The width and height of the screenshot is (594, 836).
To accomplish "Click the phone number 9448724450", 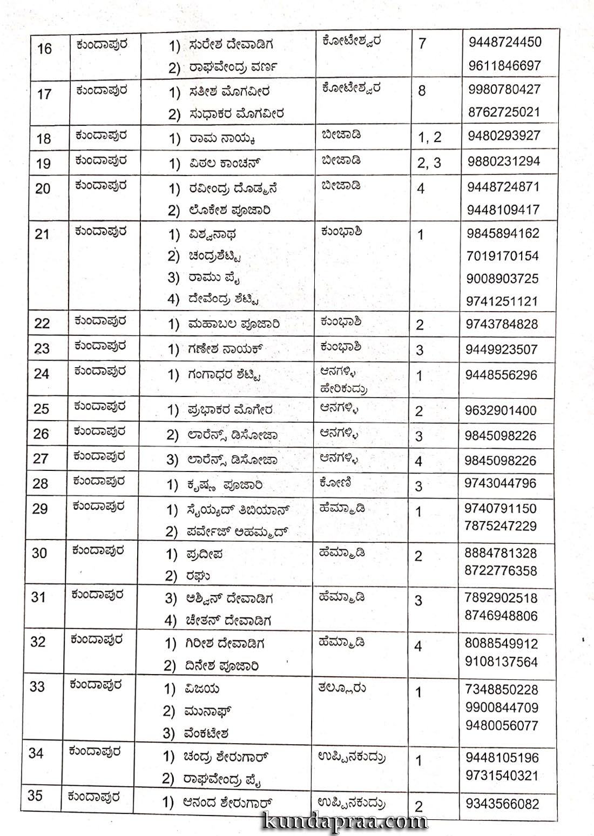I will point(504,42).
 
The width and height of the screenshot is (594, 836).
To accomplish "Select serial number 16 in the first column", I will point(44,49).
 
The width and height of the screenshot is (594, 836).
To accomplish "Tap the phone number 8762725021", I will point(504,112).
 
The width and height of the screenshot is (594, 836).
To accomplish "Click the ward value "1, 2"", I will point(429,137).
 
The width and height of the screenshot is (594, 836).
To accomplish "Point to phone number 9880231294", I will point(503,161).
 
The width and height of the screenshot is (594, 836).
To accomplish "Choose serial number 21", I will point(42,234).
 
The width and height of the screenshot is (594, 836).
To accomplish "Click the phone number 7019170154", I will point(503,255).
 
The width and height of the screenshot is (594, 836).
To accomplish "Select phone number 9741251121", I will point(502,301).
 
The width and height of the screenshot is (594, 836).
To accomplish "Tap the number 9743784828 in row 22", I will point(502,324).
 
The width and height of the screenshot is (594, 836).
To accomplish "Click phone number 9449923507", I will point(502,349).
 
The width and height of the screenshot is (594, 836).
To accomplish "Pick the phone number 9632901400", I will point(501,410).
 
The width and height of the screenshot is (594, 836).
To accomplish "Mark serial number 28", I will point(40,483).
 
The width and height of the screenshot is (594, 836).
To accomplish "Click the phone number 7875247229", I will point(500,526).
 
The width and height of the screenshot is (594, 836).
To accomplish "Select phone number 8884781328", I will point(501,553).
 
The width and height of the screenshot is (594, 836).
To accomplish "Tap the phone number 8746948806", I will point(501,616).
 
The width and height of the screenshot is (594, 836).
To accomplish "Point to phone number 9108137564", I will point(501,662).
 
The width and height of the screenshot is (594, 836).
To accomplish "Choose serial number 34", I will point(36,753).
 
